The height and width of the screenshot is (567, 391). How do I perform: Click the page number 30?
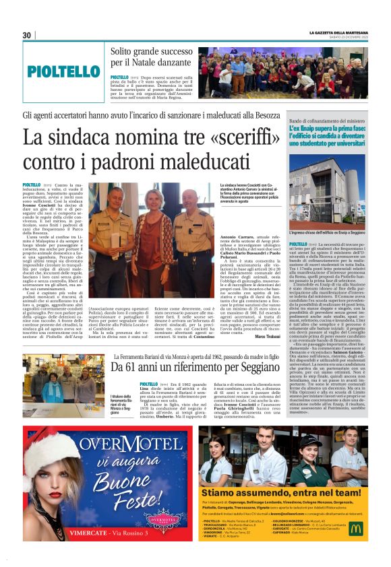coord(27,35)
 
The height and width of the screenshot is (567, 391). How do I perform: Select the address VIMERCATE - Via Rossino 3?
coord(125,549)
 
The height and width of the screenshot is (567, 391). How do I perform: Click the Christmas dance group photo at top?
coord(282,72)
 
